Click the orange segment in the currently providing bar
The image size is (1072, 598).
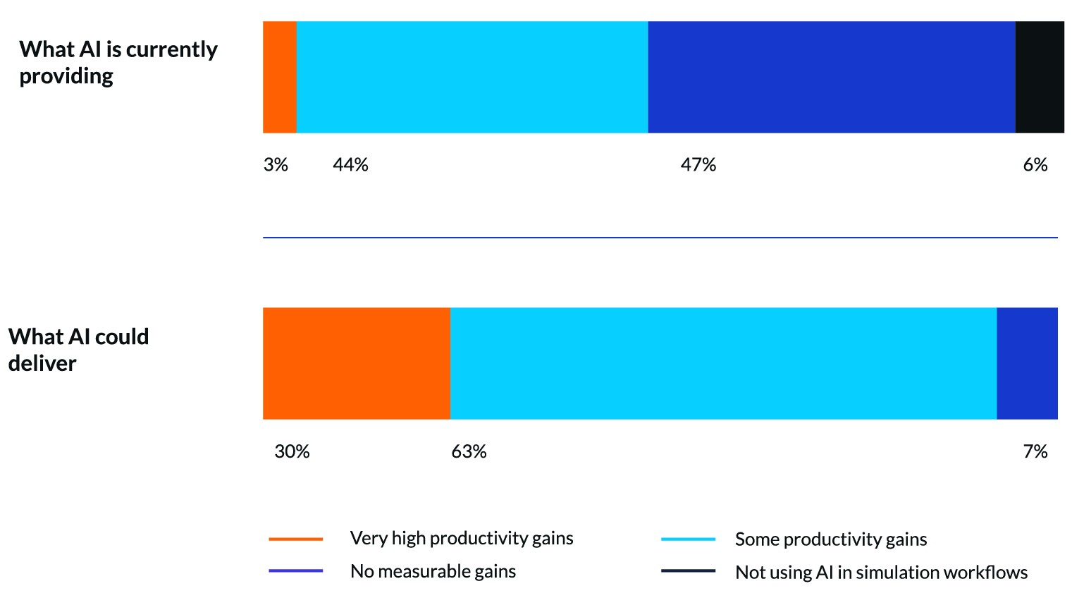[280, 77]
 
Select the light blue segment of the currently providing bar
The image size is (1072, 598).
[472, 77]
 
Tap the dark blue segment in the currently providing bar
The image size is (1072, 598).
[832, 77]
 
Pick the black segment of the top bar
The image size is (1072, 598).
[1040, 77]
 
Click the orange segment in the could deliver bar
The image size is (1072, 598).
[357, 363]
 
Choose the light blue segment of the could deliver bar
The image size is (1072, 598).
[723, 363]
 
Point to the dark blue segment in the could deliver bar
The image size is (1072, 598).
[1027, 363]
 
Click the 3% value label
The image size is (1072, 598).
[276, 165]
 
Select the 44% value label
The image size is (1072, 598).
[350, 165]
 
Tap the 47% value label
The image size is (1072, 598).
[698, 165]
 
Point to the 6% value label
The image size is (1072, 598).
[1035, 165]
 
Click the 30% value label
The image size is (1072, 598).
[292, 451]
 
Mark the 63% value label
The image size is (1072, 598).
[469, 451]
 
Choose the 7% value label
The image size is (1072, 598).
[1035, 451]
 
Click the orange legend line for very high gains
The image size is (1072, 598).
[296, 539]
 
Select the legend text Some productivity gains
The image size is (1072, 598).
[831, 539]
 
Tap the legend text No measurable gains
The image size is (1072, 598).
[433, 571]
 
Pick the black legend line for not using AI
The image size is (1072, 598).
[688, 571]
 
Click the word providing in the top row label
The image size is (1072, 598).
[66, 76]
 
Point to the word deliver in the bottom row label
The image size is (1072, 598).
[42, 364]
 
